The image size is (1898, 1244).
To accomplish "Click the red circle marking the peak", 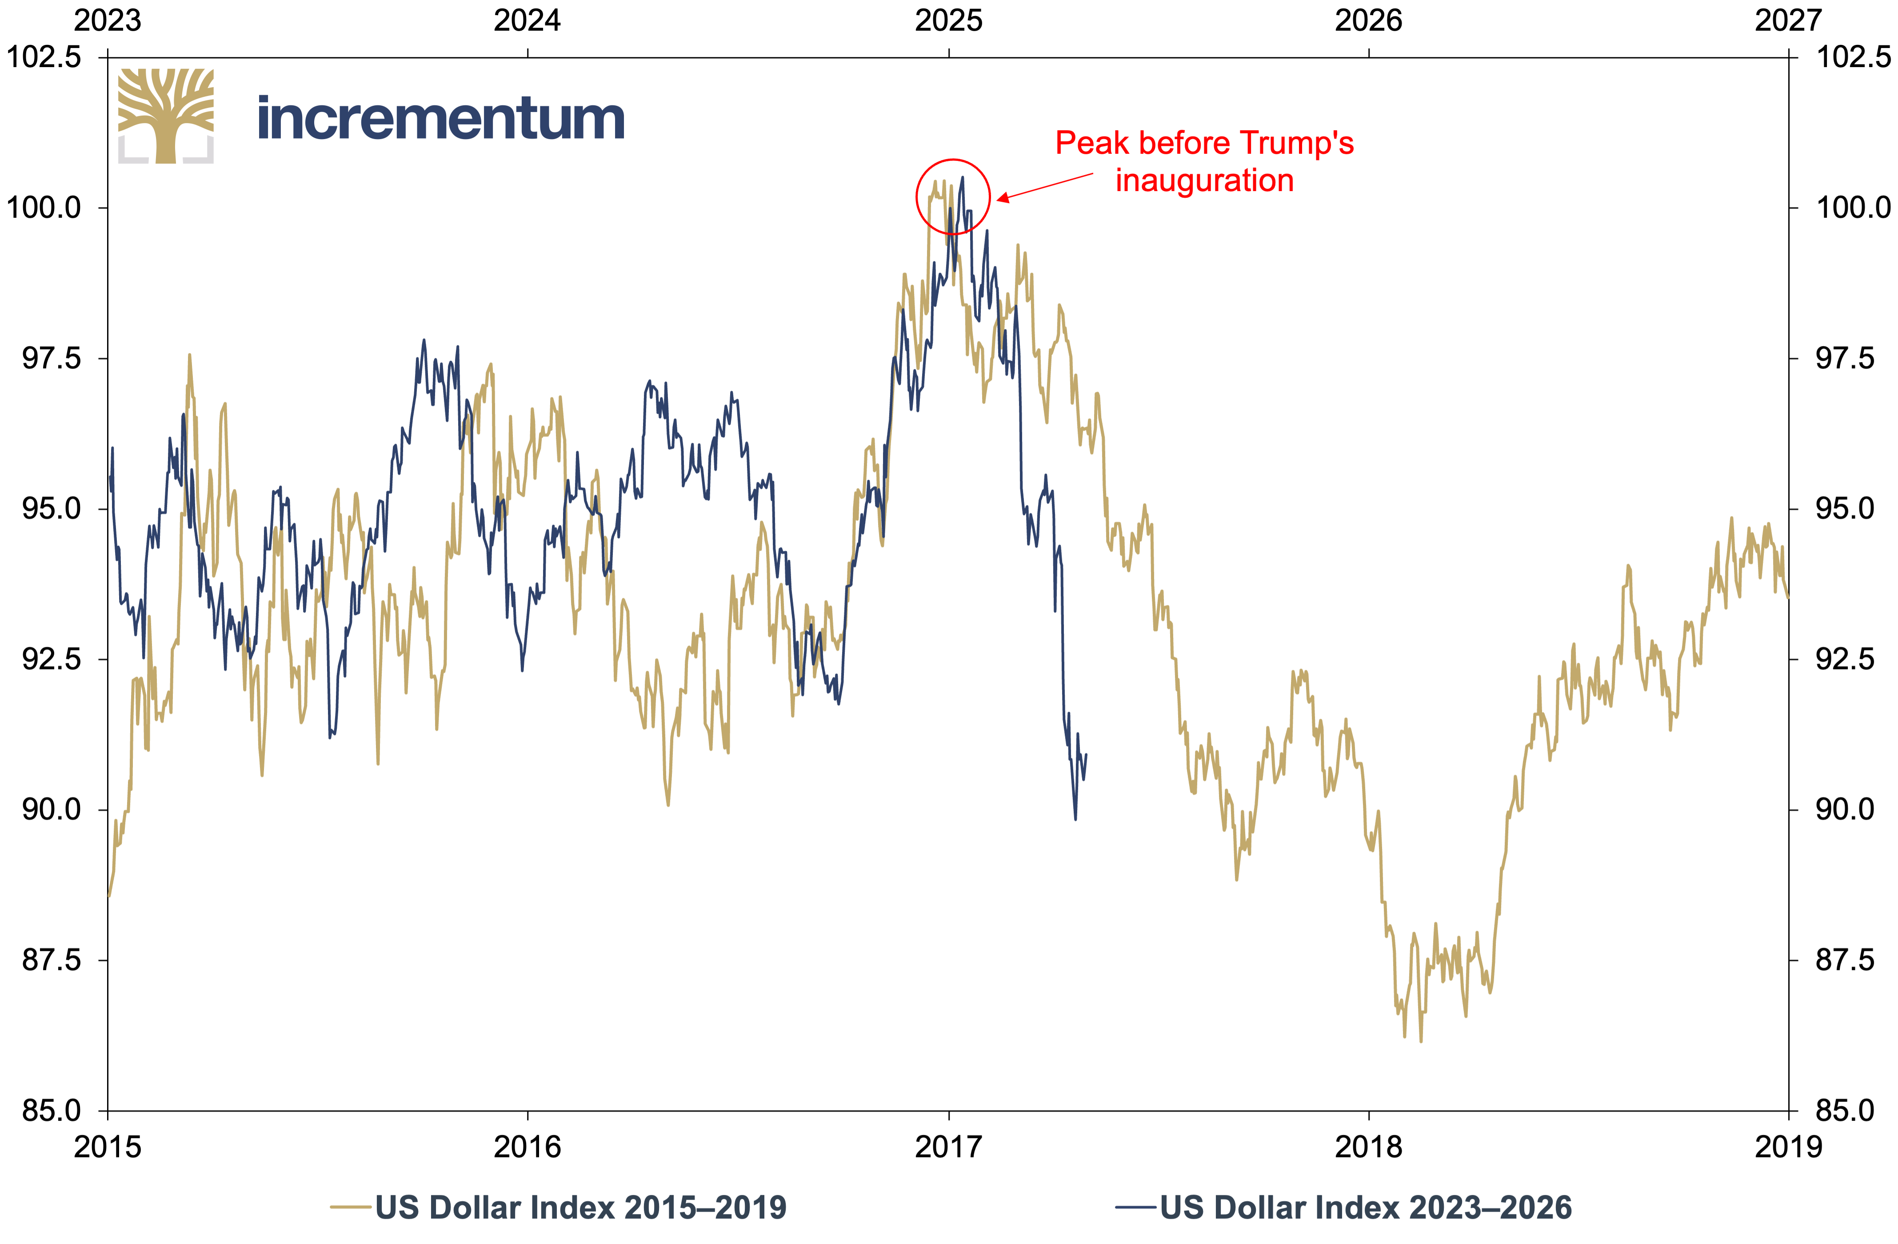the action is pyautogui.click(x=916, y=196).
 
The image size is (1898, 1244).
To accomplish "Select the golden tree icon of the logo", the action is pyautogui.click(x=166, y=116).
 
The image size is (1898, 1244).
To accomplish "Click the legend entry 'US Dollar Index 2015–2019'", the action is pyautogui.click(x=558, y=1207).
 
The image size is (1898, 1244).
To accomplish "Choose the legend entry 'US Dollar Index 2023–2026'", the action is pyautogui.click(x=1344, y=1207).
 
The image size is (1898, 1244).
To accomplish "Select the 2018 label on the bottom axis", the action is pyautogui.click(x=1368, y=1147).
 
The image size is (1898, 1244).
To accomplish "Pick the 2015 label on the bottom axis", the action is pyautogui.click(x=108, y=1147).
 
